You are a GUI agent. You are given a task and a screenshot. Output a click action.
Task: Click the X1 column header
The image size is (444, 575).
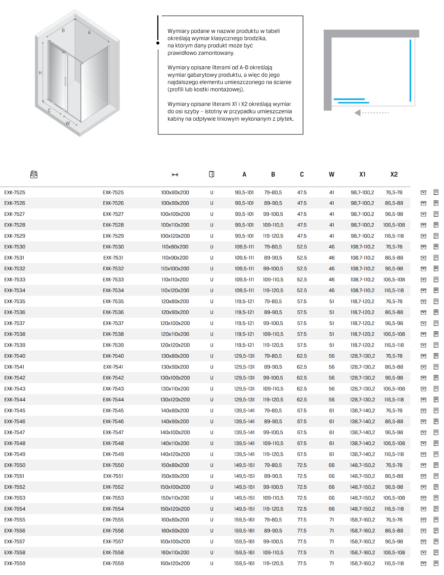pos(362,174)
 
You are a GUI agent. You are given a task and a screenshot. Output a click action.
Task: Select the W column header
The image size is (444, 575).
pos(332,174)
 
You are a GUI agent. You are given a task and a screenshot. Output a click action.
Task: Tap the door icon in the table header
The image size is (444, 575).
pos(212,174)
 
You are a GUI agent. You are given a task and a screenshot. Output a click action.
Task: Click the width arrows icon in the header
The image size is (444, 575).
pos(175,175)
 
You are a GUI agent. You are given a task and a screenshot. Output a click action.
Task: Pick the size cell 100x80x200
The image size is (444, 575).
pos(175,193)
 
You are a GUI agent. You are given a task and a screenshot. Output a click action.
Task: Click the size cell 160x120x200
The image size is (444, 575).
pos(175,564)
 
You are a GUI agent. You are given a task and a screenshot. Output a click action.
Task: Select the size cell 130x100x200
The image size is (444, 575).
pos(175,378)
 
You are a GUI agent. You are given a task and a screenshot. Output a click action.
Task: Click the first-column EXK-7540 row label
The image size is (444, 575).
pos(15,356)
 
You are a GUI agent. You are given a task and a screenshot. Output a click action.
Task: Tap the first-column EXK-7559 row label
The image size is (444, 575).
pos(15,564)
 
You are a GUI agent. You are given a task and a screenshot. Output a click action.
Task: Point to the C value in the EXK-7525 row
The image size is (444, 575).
pos(302,193)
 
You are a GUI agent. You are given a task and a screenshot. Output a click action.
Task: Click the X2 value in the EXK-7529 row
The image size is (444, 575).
pos(394,236)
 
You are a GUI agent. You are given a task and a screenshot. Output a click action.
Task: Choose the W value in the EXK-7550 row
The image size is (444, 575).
pos(332,465)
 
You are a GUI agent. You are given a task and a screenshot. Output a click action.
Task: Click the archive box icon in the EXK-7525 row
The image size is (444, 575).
pos(424,193)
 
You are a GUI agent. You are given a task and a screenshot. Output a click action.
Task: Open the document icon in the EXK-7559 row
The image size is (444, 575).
pos(436,564)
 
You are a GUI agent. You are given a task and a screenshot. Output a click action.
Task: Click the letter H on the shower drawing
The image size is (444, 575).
pos(40,73)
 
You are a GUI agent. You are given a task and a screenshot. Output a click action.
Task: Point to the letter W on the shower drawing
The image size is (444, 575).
pos(68,124)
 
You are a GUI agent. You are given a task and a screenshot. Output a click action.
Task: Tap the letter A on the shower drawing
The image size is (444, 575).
pos(89,33)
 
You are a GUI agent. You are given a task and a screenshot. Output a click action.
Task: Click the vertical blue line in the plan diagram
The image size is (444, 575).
pos(410,70)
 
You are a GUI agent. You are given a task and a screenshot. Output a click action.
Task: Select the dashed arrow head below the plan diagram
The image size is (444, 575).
pos(357,113)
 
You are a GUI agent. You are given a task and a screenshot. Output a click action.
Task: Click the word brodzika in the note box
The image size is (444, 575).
pos(255,39)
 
